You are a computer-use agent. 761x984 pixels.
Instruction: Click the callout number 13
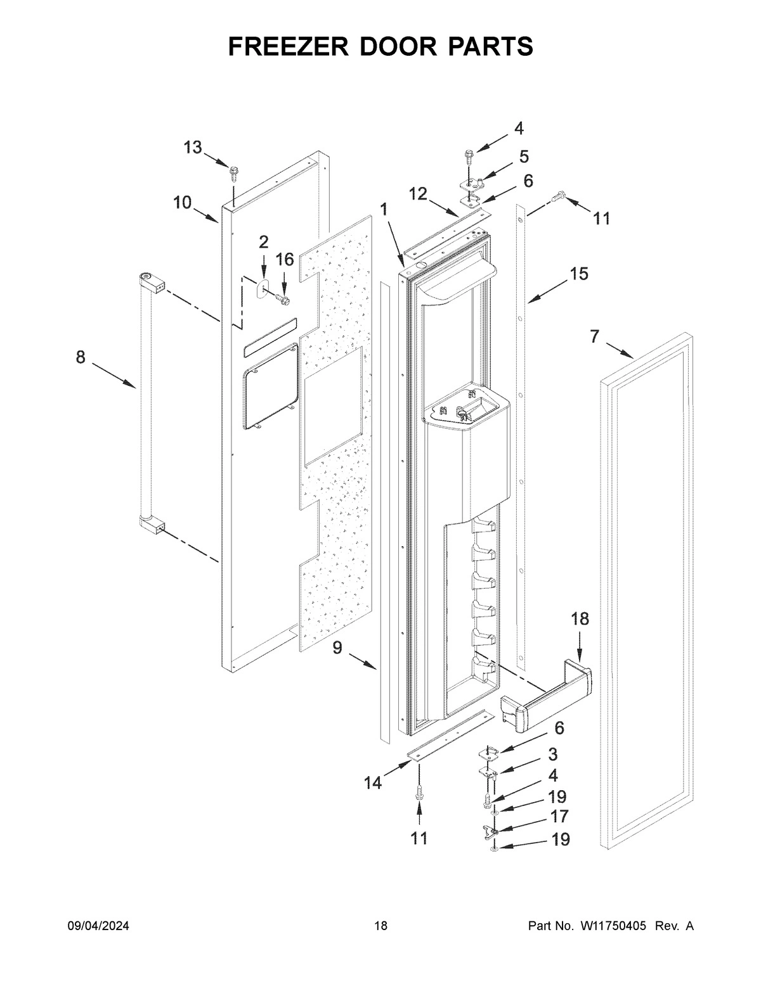[x=193, y=148]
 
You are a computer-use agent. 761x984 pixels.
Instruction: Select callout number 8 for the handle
[x=81, y=357]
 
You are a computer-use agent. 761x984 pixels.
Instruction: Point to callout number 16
[x=285, y=259]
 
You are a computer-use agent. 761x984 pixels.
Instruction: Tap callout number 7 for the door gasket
[x=594, y=336]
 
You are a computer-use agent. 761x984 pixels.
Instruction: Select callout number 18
[x=580, y=619]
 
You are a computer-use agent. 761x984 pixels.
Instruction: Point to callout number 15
[x=578, y=274]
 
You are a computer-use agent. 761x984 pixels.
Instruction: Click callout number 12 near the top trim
[x=417, y=194]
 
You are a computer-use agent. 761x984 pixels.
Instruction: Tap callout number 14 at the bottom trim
[x=373, y=783]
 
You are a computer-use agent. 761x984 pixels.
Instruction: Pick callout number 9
[x=337, y=648]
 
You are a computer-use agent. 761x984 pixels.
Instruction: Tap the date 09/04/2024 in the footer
[x=98, y=926]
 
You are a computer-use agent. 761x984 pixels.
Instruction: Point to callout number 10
[x=182, y=203]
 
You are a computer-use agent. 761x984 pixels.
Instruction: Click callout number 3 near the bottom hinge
[x=553, y=754]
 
